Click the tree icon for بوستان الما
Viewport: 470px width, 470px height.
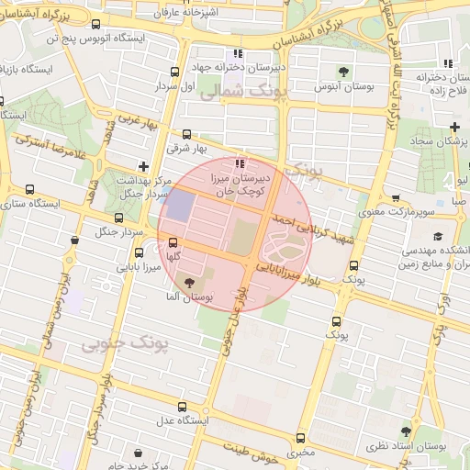coord(190,283)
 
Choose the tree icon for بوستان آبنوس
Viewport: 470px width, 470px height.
coord(343,72)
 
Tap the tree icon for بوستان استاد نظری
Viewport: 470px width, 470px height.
coord(406,431)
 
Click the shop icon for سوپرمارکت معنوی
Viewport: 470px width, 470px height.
coord(396,198)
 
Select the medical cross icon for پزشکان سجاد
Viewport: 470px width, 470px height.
coord(454,126)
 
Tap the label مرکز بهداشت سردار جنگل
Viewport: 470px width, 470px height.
coord(140,186)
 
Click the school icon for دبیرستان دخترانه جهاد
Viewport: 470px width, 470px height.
coord(239,53)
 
